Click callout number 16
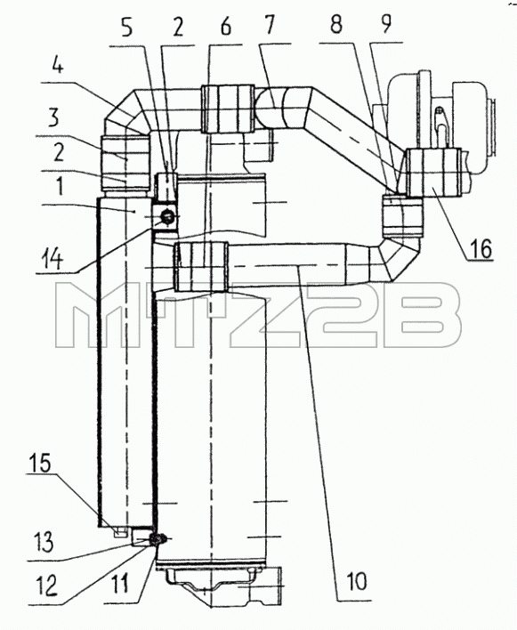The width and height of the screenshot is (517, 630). coord(481,249)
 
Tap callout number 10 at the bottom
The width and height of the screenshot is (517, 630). coord(356,580)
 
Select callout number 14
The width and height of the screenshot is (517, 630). coord(53,260)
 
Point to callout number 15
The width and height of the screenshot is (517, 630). coord(39,463)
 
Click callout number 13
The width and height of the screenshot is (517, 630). coord(44,542)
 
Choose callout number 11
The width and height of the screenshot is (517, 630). coord(120,583)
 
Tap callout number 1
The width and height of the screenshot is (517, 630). coord(60,187)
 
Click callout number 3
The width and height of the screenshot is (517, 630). coord(53,117)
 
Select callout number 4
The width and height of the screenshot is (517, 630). coord(58,65)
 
